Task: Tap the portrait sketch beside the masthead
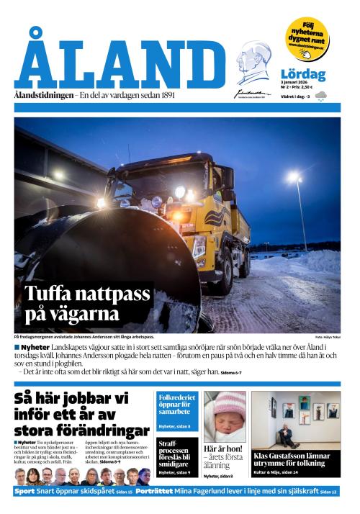(253, 65)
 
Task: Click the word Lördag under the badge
(303, 74)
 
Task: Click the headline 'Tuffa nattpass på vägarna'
(87, 303)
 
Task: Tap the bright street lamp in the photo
(293, 179)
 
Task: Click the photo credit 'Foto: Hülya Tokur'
(328, 337)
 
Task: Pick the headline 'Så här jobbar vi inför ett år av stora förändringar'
(81, 414)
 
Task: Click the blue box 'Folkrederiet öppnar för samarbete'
(177, 405)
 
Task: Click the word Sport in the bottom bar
(25, 491)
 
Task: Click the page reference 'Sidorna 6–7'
(231, 372)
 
